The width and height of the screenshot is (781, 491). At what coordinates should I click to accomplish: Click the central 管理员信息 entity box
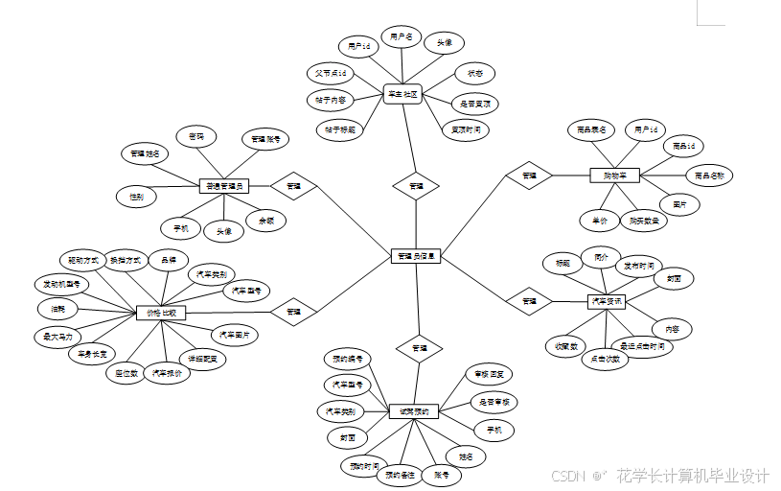[x=416, y=256]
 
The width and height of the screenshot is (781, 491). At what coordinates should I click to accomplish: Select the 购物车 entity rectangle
[x=614, y=175]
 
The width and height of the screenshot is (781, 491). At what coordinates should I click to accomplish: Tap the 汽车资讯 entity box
[x=606, y=301]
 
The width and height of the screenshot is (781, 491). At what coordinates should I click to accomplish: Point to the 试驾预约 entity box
[x=414, y=411]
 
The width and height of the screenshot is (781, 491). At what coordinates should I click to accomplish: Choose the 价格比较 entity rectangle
[x=161, y=313]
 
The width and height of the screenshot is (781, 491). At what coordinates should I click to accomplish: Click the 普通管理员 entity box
[x=224, y=186]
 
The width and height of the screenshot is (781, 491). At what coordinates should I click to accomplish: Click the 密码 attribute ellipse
[x=196, y=137]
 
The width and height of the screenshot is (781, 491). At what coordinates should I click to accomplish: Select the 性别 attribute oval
[x=136, y=197]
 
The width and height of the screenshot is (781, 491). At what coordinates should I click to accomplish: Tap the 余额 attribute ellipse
[x=265, y=221]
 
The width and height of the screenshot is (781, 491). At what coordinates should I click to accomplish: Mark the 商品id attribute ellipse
[x=683, y=146]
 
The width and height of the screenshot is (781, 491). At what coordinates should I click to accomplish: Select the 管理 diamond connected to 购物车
[x=529, y=175]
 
